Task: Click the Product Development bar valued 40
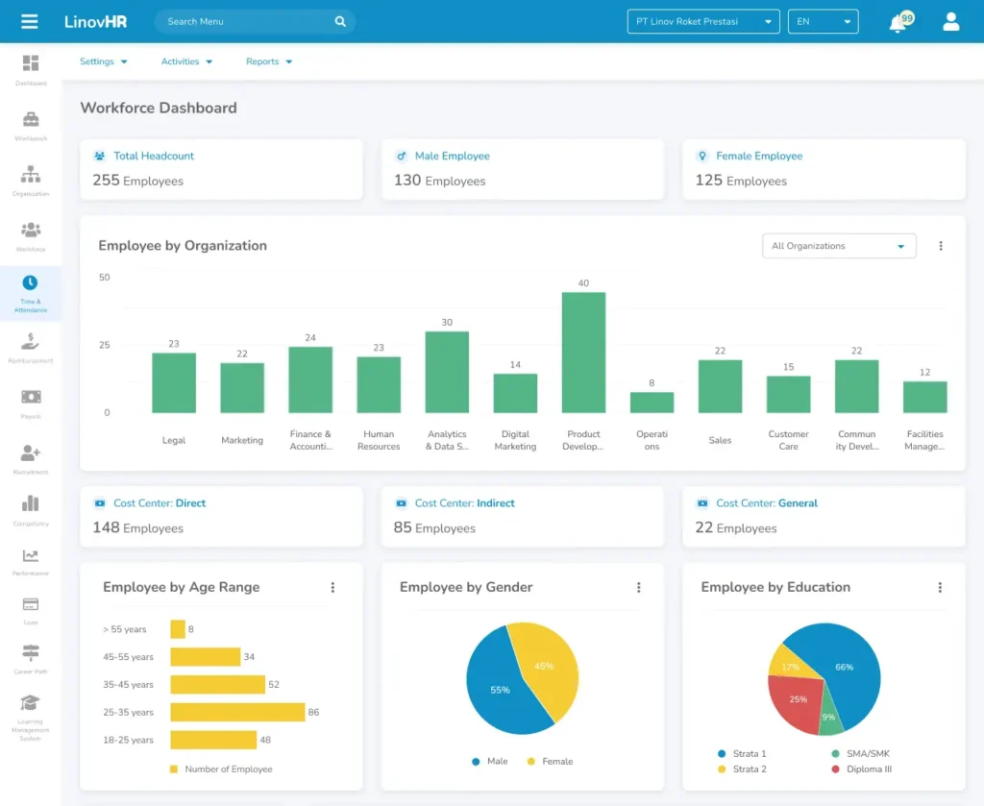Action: tap(583, 353)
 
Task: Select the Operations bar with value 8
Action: tap(652, 402)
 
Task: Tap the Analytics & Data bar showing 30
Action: tap(447, 372)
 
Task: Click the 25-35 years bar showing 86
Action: tap(237, 712)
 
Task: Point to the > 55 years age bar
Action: tap(178, 629)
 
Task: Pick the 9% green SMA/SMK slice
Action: tap(828, 716)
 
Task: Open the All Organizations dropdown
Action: tap(838, 246)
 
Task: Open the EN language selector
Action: tap(823, 21)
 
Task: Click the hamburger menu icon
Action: tap(30, 21)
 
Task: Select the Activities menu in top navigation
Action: tap(186, 61)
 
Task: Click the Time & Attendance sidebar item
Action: tap(31, 291)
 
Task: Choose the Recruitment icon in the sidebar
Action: tap(31, 456)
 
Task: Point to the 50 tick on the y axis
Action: tap(104, 278)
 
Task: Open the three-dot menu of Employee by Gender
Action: tap(638, 588)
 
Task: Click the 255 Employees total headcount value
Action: tap(137, 181)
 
